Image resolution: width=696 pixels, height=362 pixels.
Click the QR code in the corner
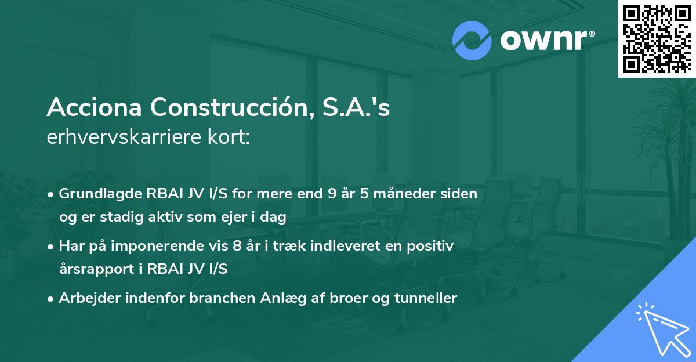657,39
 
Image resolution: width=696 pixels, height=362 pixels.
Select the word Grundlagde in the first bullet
95,194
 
